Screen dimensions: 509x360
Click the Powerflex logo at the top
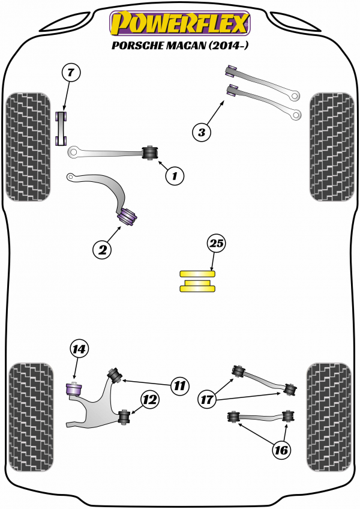[179, 23]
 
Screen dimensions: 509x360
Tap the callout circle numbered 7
[70, 73]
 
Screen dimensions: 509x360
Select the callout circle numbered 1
[175, 176]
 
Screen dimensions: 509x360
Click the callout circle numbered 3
[202, 132]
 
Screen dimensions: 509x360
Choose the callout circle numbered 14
[79, 349]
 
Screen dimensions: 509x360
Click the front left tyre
[28, 146]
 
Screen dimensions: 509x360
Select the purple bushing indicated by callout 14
[73, 390]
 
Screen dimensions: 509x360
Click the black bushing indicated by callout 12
[125, 416]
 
